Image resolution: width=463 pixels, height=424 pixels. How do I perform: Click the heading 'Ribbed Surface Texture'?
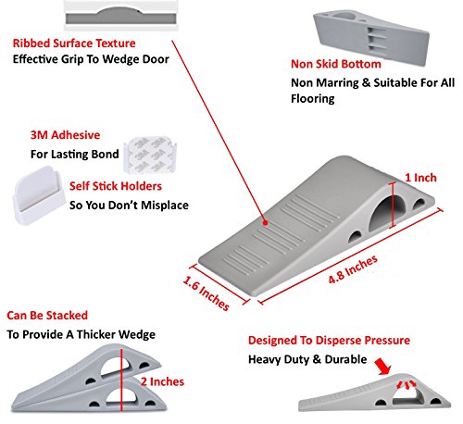point(74,44)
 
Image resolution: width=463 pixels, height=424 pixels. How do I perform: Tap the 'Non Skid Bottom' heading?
point(336,64)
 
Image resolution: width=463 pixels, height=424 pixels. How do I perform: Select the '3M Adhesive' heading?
point(65,135)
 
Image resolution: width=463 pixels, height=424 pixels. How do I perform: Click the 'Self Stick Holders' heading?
point(116,186)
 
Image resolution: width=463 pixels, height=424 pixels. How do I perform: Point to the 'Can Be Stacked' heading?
point(47,316)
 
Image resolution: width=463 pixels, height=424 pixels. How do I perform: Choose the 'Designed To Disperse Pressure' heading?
point(329,340)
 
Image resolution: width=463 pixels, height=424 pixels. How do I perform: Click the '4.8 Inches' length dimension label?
point(353,269)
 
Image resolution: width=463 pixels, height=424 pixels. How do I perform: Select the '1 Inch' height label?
point(420,178)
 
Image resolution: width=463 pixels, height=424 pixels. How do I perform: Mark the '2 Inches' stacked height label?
point(162,381)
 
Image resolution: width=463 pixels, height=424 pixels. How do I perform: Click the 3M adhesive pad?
point(150,155)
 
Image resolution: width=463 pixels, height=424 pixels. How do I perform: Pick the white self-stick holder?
point(39,195)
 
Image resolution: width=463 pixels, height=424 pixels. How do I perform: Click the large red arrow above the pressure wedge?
point(382,367)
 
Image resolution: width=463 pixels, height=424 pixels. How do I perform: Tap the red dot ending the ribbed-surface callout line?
point(265,223)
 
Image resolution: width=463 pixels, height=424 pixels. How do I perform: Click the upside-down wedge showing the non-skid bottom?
point(371,37)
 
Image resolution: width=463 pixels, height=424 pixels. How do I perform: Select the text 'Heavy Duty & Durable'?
point(307,359)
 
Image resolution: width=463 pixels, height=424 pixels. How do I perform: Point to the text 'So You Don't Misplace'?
point(129,206)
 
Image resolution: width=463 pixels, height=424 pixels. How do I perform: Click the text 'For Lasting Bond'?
point(75,154)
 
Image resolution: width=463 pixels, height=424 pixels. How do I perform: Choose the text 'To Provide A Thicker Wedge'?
point(81,334)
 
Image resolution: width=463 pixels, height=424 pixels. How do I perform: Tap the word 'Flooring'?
point(313,99)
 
